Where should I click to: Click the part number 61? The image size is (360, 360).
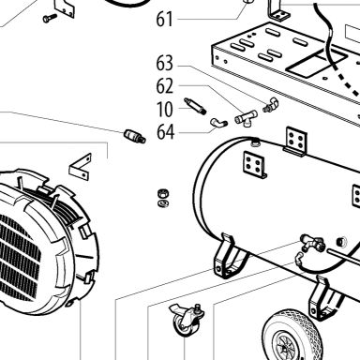(x=164, y=20)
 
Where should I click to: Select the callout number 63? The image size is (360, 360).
(x=164, y=63)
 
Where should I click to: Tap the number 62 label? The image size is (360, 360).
(x=164, y=86)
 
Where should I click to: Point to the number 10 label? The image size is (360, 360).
(x=164, y=109)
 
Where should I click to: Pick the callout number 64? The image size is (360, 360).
(x=165, y=132)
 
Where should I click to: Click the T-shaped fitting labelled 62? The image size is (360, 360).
(x=247, y=118)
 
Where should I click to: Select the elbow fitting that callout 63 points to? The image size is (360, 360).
(x=270, y=105)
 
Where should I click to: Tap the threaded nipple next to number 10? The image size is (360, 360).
(x=195, y=105)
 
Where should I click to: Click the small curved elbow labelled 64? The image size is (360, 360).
(x=218, y=123)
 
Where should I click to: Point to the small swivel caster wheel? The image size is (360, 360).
(x=187, y=320)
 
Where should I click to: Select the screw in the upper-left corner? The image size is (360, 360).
(x=50, y=18)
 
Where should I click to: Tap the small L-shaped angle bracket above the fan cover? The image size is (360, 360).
(x=81, y=167)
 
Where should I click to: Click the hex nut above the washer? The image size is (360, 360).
(x=163, y=193)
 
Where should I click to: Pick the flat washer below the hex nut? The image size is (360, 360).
(x=163, y=203)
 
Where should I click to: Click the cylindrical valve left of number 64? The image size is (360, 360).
(x=135, y=136)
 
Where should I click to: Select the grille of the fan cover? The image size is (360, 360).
(x=19, y=256)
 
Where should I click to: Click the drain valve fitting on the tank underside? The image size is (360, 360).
(x=311, y=243)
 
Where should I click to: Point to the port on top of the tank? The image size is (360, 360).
(x=255, y=142)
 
